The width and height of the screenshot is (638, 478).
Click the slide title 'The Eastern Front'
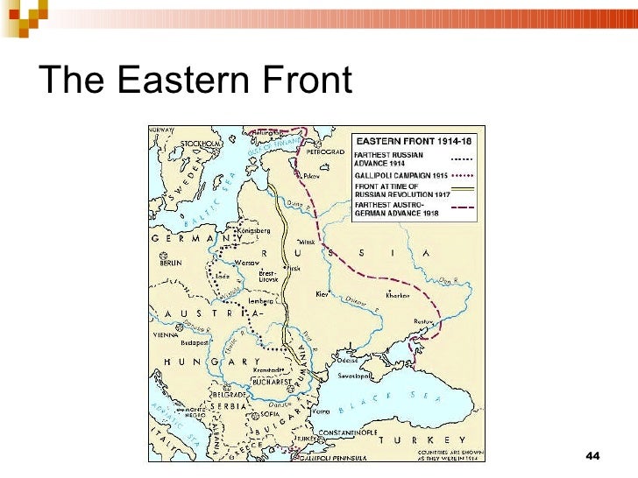pos(195,81)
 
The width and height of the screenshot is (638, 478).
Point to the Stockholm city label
pos(202,144)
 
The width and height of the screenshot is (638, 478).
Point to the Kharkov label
pos(398,295)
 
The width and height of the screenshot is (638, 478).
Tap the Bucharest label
pos(271,382)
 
